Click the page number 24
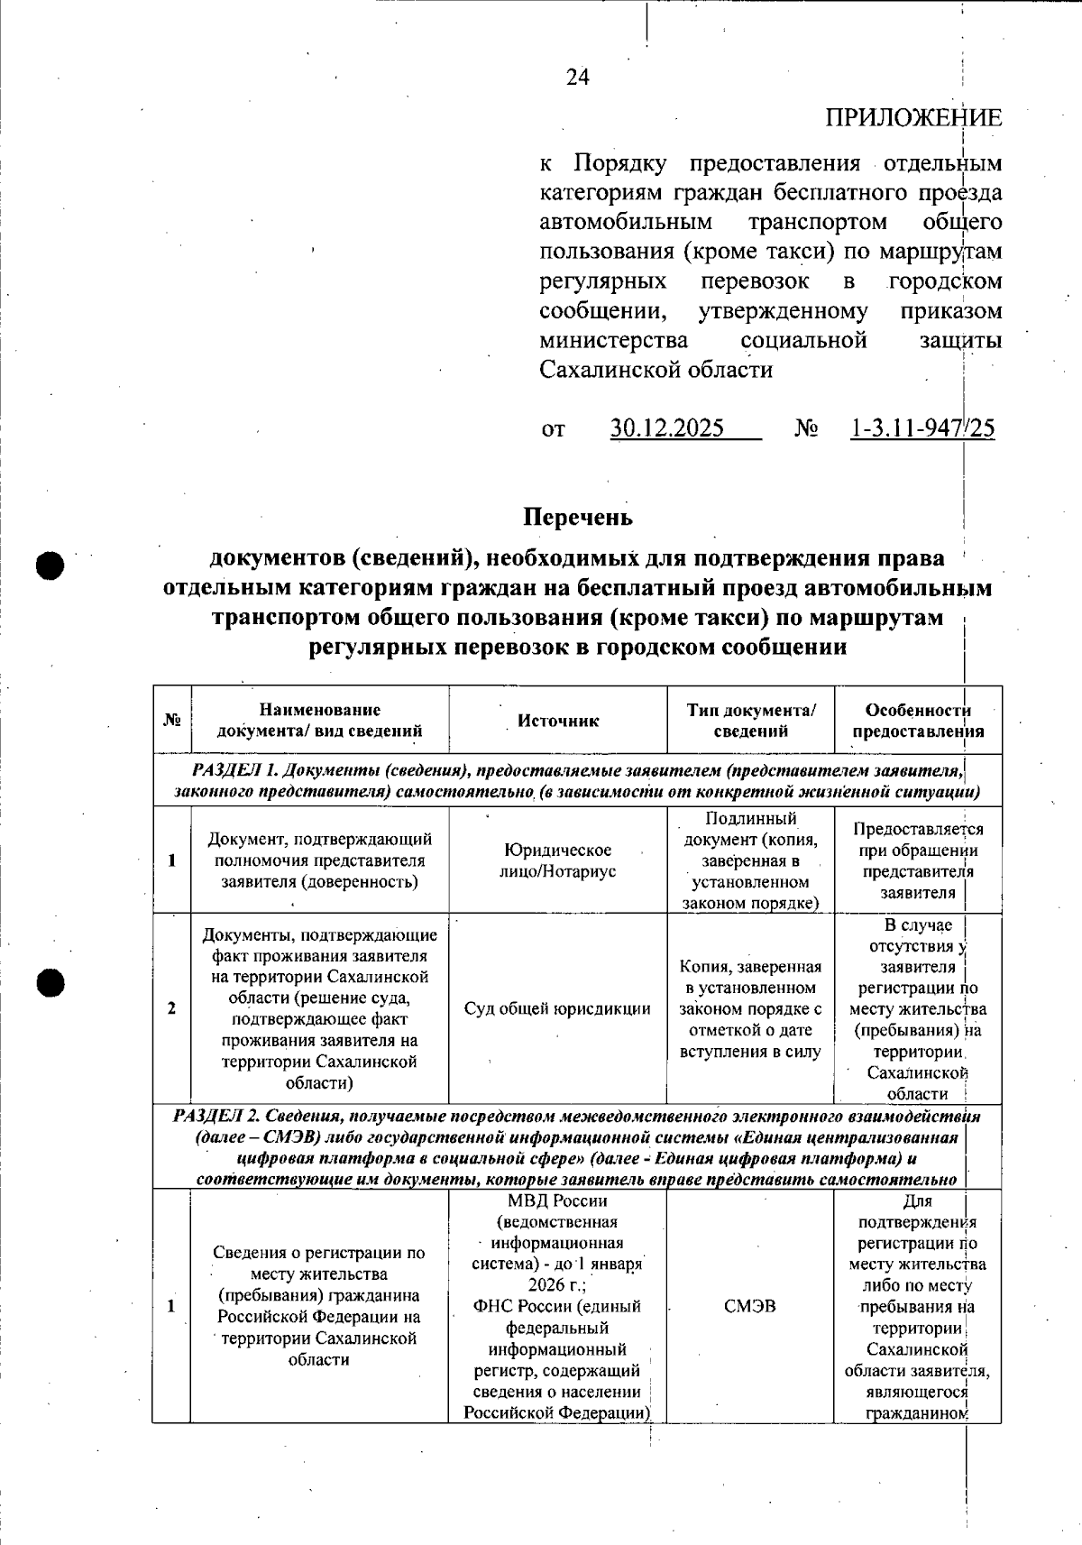(x=578, y=78)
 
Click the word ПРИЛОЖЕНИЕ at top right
(x=912, y=118)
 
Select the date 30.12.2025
(x=667, y=428)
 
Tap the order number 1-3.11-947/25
(x=922, y=428)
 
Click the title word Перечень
(x=578, y=518)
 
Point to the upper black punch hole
(x=51, y=566)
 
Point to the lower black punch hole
(x=51, y=982)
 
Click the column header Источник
(x=558, y=721)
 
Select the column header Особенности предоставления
(x=918, y=722)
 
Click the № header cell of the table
(x=171, y=721)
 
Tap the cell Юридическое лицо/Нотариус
(x=557, y=860)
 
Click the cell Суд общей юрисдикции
(x=557, y=1008)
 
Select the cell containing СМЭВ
(x=749, y=1306)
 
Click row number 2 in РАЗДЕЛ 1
(x=171, y=1008)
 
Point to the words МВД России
(x=557, y=1201)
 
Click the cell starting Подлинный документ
(x=750, y=860)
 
